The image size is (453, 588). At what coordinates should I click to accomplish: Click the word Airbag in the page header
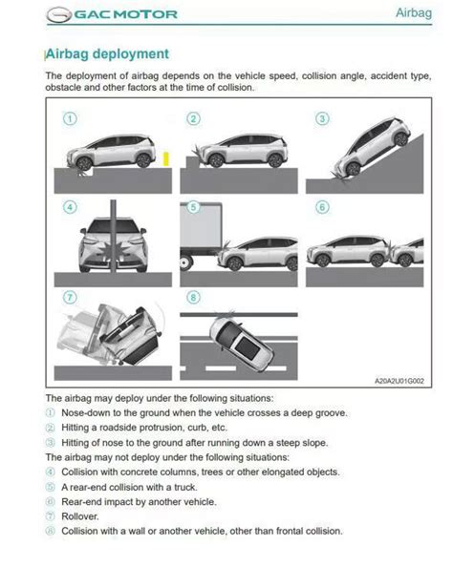pyautogui.click(x=417, y=13)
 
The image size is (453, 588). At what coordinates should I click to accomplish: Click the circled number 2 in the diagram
pyautogui.click(x=194, y=119)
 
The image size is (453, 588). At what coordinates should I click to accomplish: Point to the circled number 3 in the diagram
pyautogui.click(x=322, y=119)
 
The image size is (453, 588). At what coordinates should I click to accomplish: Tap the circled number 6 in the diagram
pyautogui.click(x=322, y=206)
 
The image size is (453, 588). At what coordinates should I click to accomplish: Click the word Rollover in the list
pyautogui.click(x=82, y=515)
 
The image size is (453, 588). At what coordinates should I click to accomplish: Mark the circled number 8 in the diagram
pyautogui.click(x=194, y=297)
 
